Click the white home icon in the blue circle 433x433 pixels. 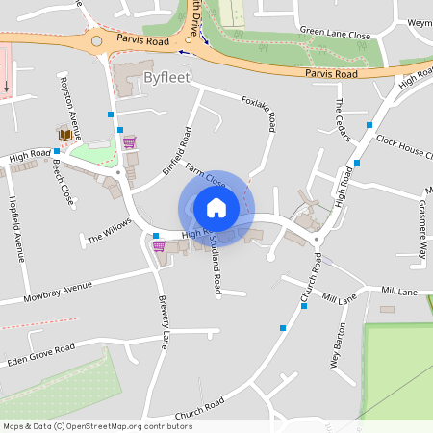216,207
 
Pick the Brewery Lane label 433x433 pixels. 164,320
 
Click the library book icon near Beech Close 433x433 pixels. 66,133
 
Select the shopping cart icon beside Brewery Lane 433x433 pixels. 159,245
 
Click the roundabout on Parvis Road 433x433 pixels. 96,42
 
